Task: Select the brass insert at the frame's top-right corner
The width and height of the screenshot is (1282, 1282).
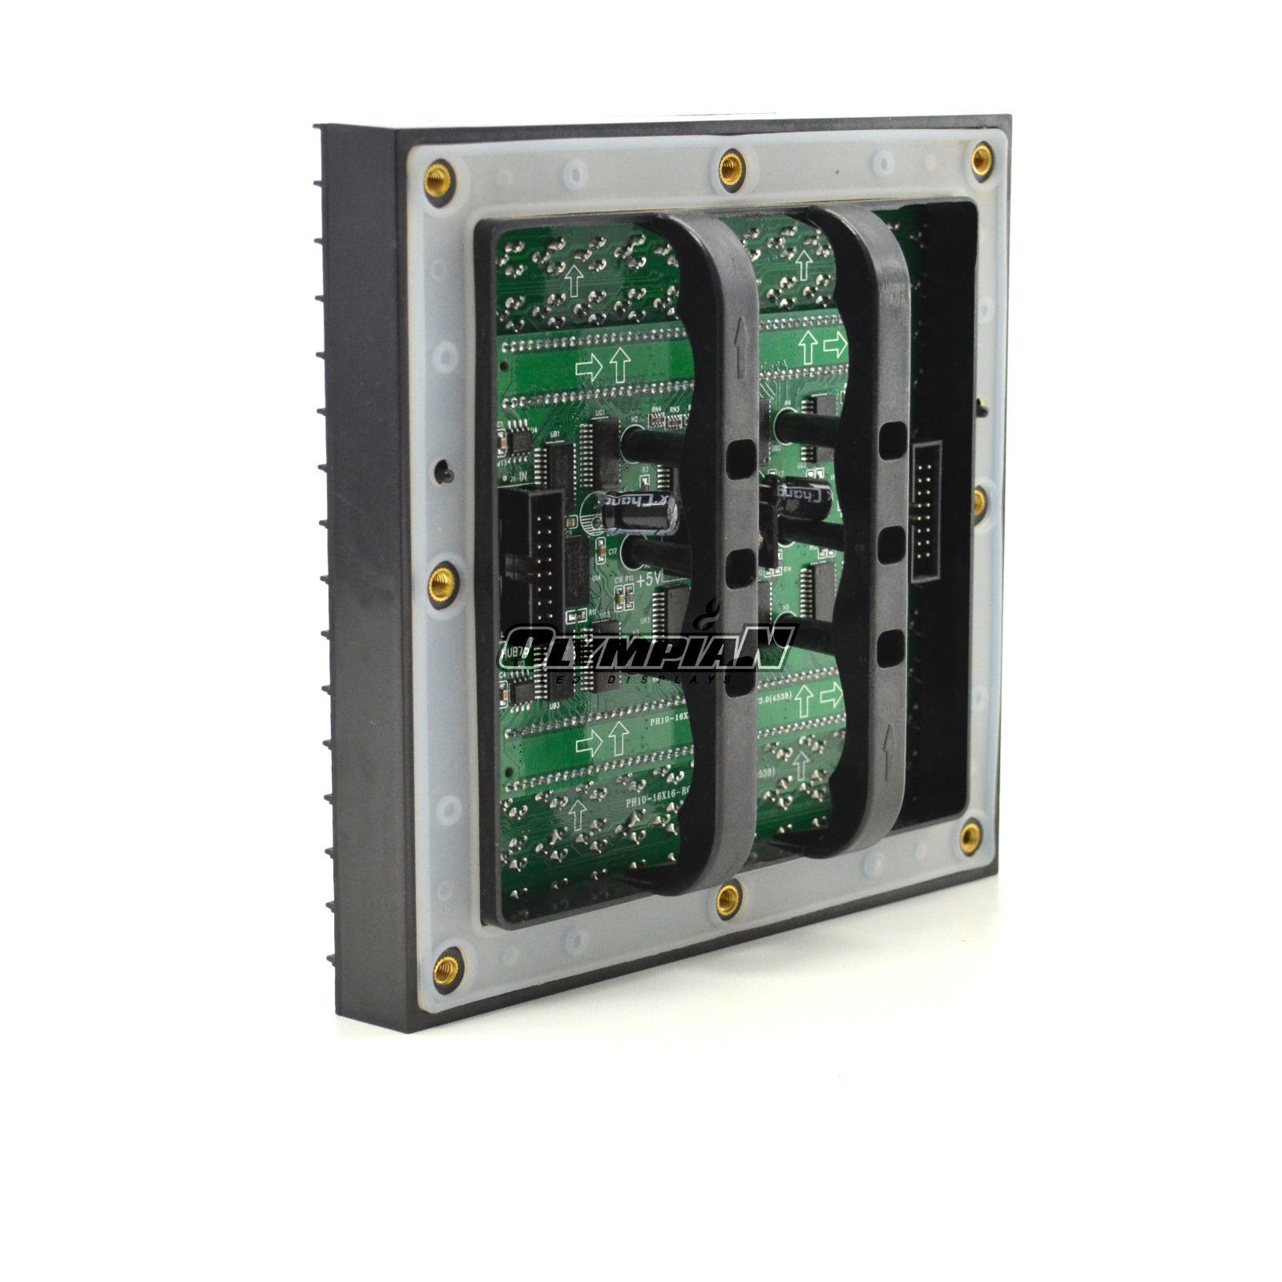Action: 981,155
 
